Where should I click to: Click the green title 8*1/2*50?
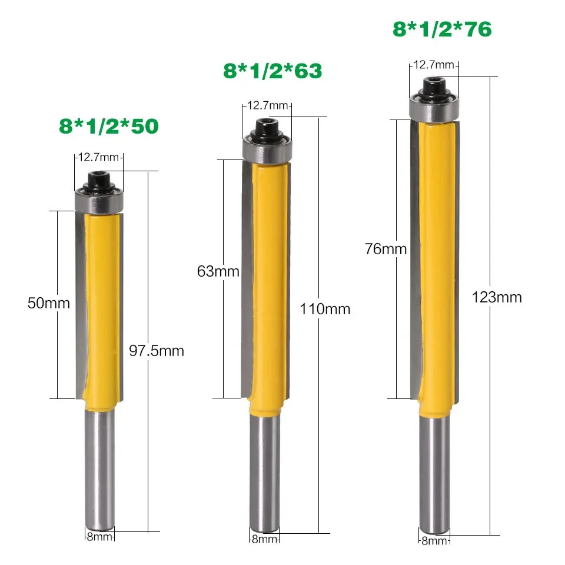tap(109, 125)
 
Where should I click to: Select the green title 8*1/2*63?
tap(272, 71)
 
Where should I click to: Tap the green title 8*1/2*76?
tap(442, 29)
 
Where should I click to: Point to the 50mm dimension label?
tap(48, 304)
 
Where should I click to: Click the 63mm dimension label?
tap(218, 271)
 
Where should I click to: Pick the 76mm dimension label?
tap(385, 249)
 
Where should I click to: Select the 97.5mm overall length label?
tap(156, 351)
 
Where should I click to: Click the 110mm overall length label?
tap(325, 309)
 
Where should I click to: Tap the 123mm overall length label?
tap(497, 297)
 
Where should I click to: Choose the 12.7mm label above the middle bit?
tap(267, 106)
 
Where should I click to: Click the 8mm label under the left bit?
tap(98, 536)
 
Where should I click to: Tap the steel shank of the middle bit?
tap(266, 471)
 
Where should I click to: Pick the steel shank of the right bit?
tap(434, 471)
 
